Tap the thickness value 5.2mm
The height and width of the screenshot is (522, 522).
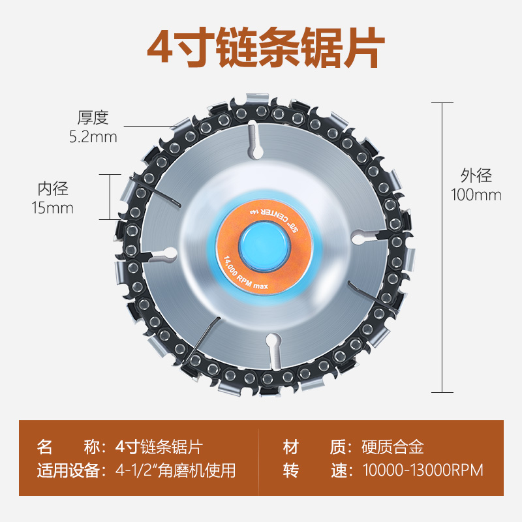click(x=93, y=137)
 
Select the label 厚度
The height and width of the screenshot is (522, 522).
click(x=93, y=118)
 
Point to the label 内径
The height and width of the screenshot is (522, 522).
click(x=53, y=189)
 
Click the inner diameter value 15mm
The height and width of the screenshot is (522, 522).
click(x=53, y=208)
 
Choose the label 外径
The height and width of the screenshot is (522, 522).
click(x=476, y=175)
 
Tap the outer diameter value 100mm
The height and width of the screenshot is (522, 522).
click(x=476, y=194)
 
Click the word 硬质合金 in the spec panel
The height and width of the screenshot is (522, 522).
click(x=393, y=447)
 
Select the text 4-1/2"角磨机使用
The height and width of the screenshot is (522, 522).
click(x=176, y=470)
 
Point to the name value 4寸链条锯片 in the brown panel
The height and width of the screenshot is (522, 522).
click(x=159, y=447)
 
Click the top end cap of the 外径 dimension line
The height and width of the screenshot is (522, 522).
click(x=442, y=102)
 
